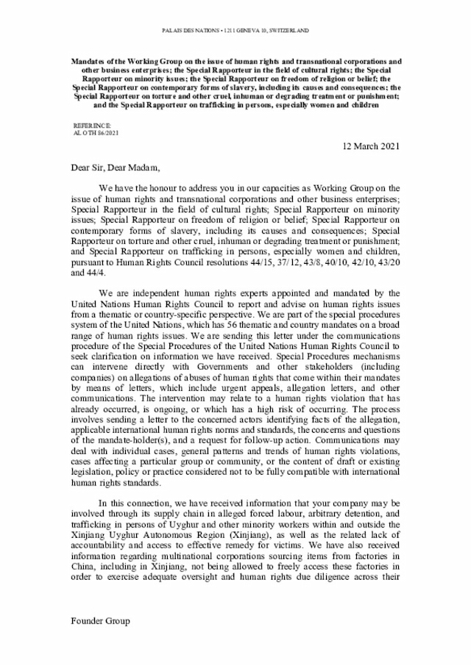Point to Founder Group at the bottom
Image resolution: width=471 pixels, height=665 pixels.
tap(100, 621)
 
